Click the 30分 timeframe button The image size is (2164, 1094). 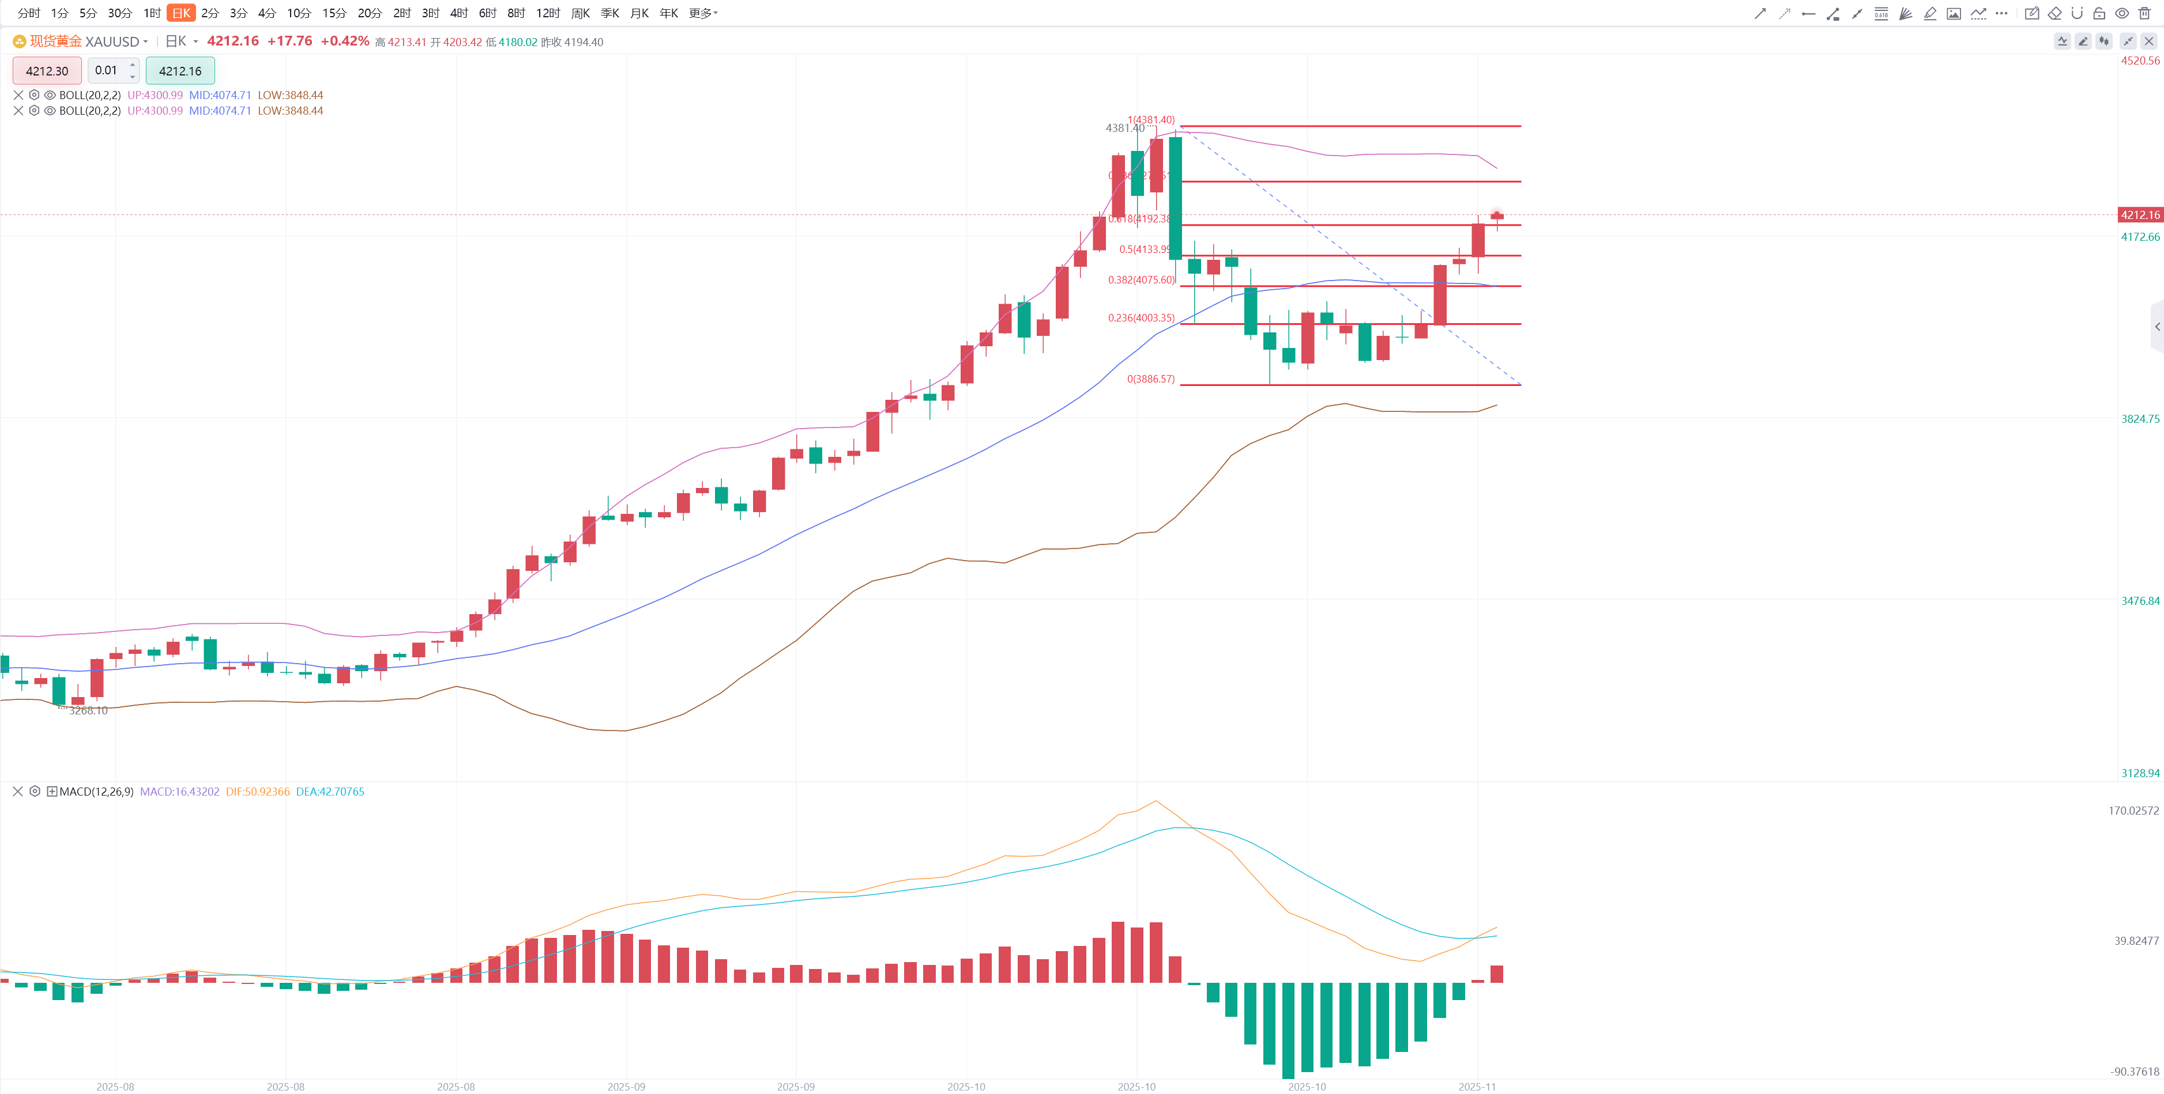(x=119, y=13)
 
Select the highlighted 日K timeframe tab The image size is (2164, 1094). (x=180, y=13)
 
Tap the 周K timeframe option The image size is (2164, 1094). (x=579, y=13)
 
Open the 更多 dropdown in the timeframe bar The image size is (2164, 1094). (x=702, y=13)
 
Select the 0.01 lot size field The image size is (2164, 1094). (x=107, y=70)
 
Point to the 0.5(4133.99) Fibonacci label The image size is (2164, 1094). (x=1144, y=249)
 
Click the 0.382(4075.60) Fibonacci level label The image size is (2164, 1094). (x=1141, y=279)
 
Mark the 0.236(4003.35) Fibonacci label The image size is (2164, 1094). (x=1141, y=317)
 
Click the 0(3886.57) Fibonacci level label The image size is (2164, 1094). (x=1150, y=378)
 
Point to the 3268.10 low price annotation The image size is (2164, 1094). (x=88, y=710)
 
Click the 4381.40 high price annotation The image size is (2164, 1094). (x=1124, y=128)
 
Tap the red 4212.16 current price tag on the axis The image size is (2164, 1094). (x=2139, y=215)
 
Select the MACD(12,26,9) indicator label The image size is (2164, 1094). (x=96, y=792)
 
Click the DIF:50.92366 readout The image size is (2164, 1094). (x=257, y=792)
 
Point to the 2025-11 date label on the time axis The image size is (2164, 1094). (x=1477, y=1087)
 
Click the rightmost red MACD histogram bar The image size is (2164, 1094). (x=1496, y=974)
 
